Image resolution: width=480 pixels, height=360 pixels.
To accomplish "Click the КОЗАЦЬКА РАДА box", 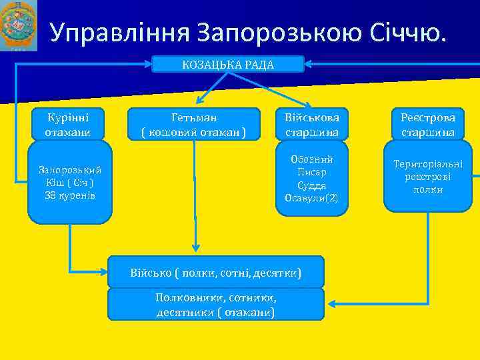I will click(x=228, y=64).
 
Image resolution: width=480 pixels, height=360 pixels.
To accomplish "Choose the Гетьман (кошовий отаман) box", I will click(x=193, y=124).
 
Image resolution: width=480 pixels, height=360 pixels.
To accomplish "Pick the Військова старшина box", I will click(x=312, y=124).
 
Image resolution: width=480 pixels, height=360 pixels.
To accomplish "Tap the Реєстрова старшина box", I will click(x=428, y=124).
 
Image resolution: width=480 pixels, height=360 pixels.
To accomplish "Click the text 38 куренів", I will click(x=70, y=195).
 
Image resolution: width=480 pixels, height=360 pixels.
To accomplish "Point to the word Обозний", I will click(x=312, y=159).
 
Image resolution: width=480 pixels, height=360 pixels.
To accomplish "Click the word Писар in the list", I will click(x=312, y=172).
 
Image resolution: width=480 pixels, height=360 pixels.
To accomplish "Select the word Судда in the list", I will click(x=312, y=185).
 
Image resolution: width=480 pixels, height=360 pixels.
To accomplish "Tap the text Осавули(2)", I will click(x=312, y=197).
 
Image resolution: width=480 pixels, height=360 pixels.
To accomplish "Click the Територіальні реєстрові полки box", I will click(x=428, y=176).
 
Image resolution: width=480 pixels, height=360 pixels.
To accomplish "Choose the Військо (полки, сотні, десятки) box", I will click(x=215, y=273).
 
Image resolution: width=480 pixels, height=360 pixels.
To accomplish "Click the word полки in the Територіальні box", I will click(x=428, y=189).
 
